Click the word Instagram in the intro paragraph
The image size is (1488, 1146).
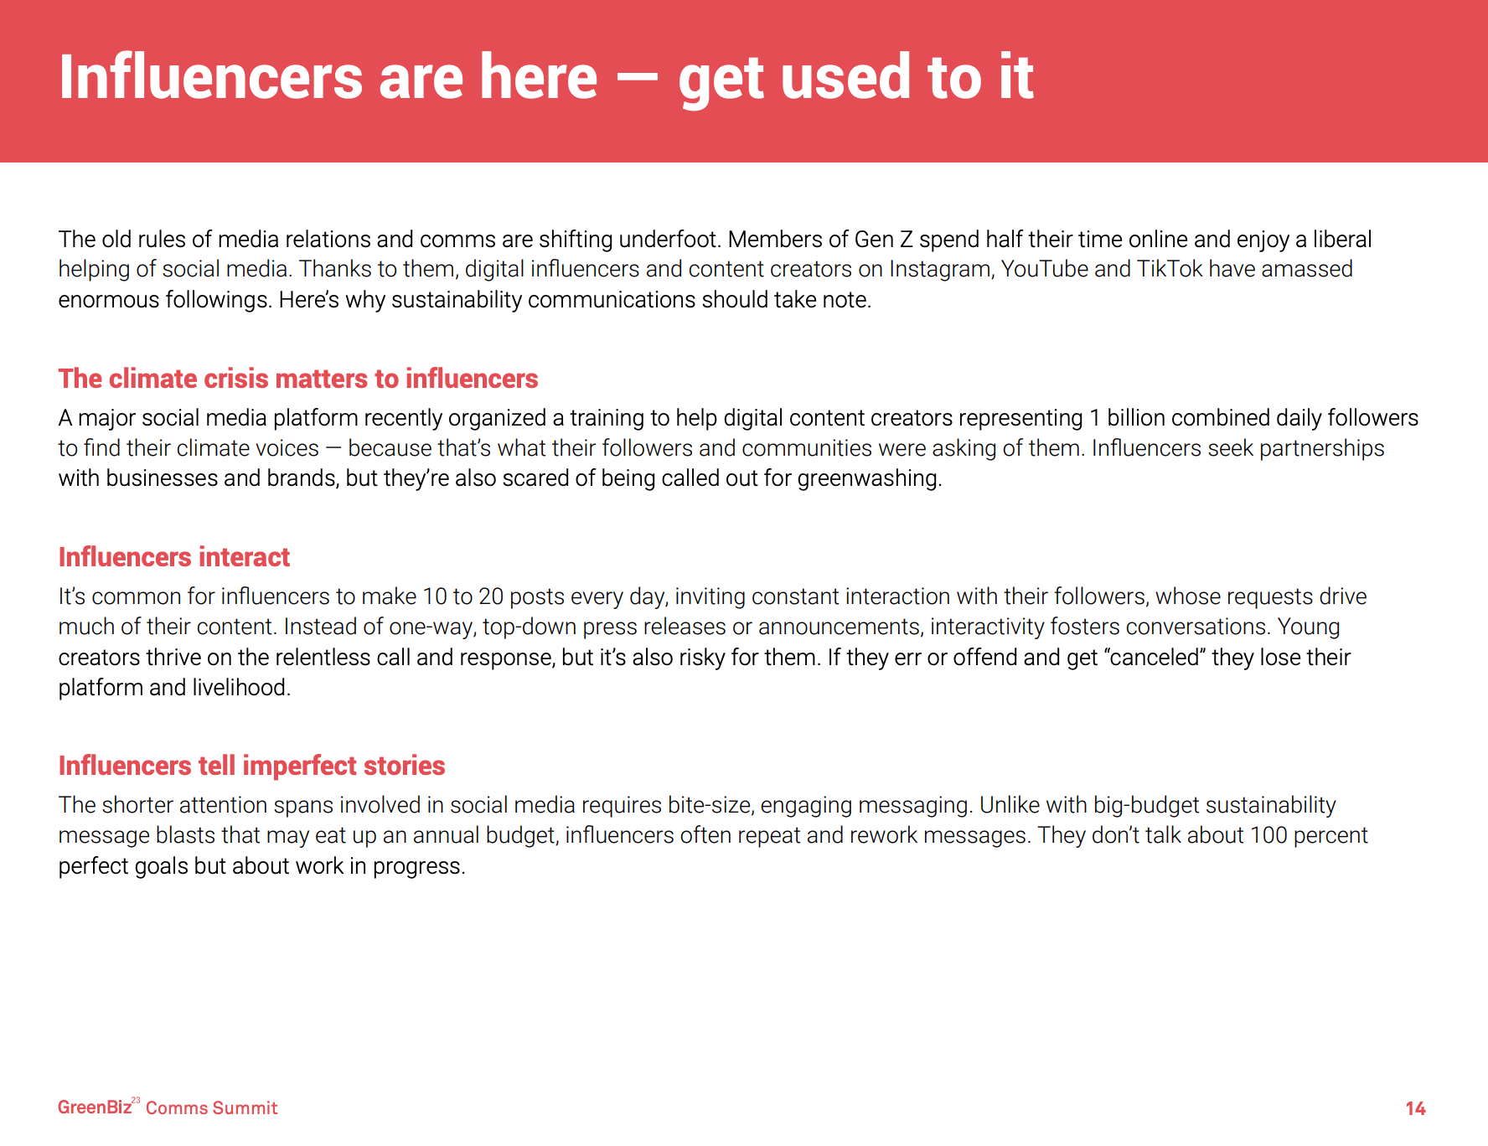(939, 270)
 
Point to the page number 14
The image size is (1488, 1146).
(1415, 1108)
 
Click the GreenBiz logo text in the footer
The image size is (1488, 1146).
(95, 1107)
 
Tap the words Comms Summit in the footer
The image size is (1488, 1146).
(211, 1108)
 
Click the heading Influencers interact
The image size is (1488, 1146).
(174, 557)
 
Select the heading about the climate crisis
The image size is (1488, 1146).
(298, 379)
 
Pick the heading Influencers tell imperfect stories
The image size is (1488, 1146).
(251, 766)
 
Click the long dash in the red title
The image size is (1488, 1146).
(638, 78)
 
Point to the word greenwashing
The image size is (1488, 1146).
(869, 478)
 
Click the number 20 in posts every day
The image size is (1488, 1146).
(491, 596)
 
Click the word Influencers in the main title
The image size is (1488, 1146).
(210, 77)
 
